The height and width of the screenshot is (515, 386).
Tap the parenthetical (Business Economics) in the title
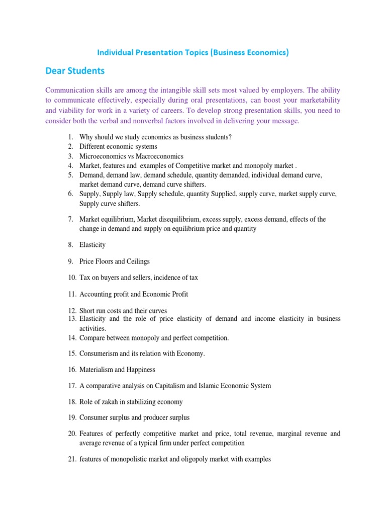click(x=247, y=52)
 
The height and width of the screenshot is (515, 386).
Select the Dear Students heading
click(x=75, y=71)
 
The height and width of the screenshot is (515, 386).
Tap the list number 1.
click(x=69, y=137)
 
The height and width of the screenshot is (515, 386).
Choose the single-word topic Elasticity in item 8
click(x=92, y=245)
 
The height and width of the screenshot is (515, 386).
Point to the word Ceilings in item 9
click(x=138, y=262)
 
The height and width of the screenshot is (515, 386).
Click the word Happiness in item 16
click(x=140, y=370)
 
